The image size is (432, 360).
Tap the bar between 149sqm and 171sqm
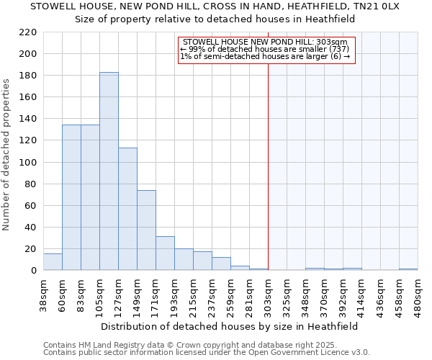146,230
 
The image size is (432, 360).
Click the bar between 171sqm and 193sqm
165,253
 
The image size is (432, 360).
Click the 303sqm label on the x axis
268,294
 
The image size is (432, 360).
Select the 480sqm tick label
418,294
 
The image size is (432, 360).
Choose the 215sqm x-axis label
193,294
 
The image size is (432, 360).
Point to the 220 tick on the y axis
28,32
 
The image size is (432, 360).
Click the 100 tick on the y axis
28,162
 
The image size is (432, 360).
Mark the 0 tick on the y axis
34,271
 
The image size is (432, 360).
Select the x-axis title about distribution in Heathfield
229,326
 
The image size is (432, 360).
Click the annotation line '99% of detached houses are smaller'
266,49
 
